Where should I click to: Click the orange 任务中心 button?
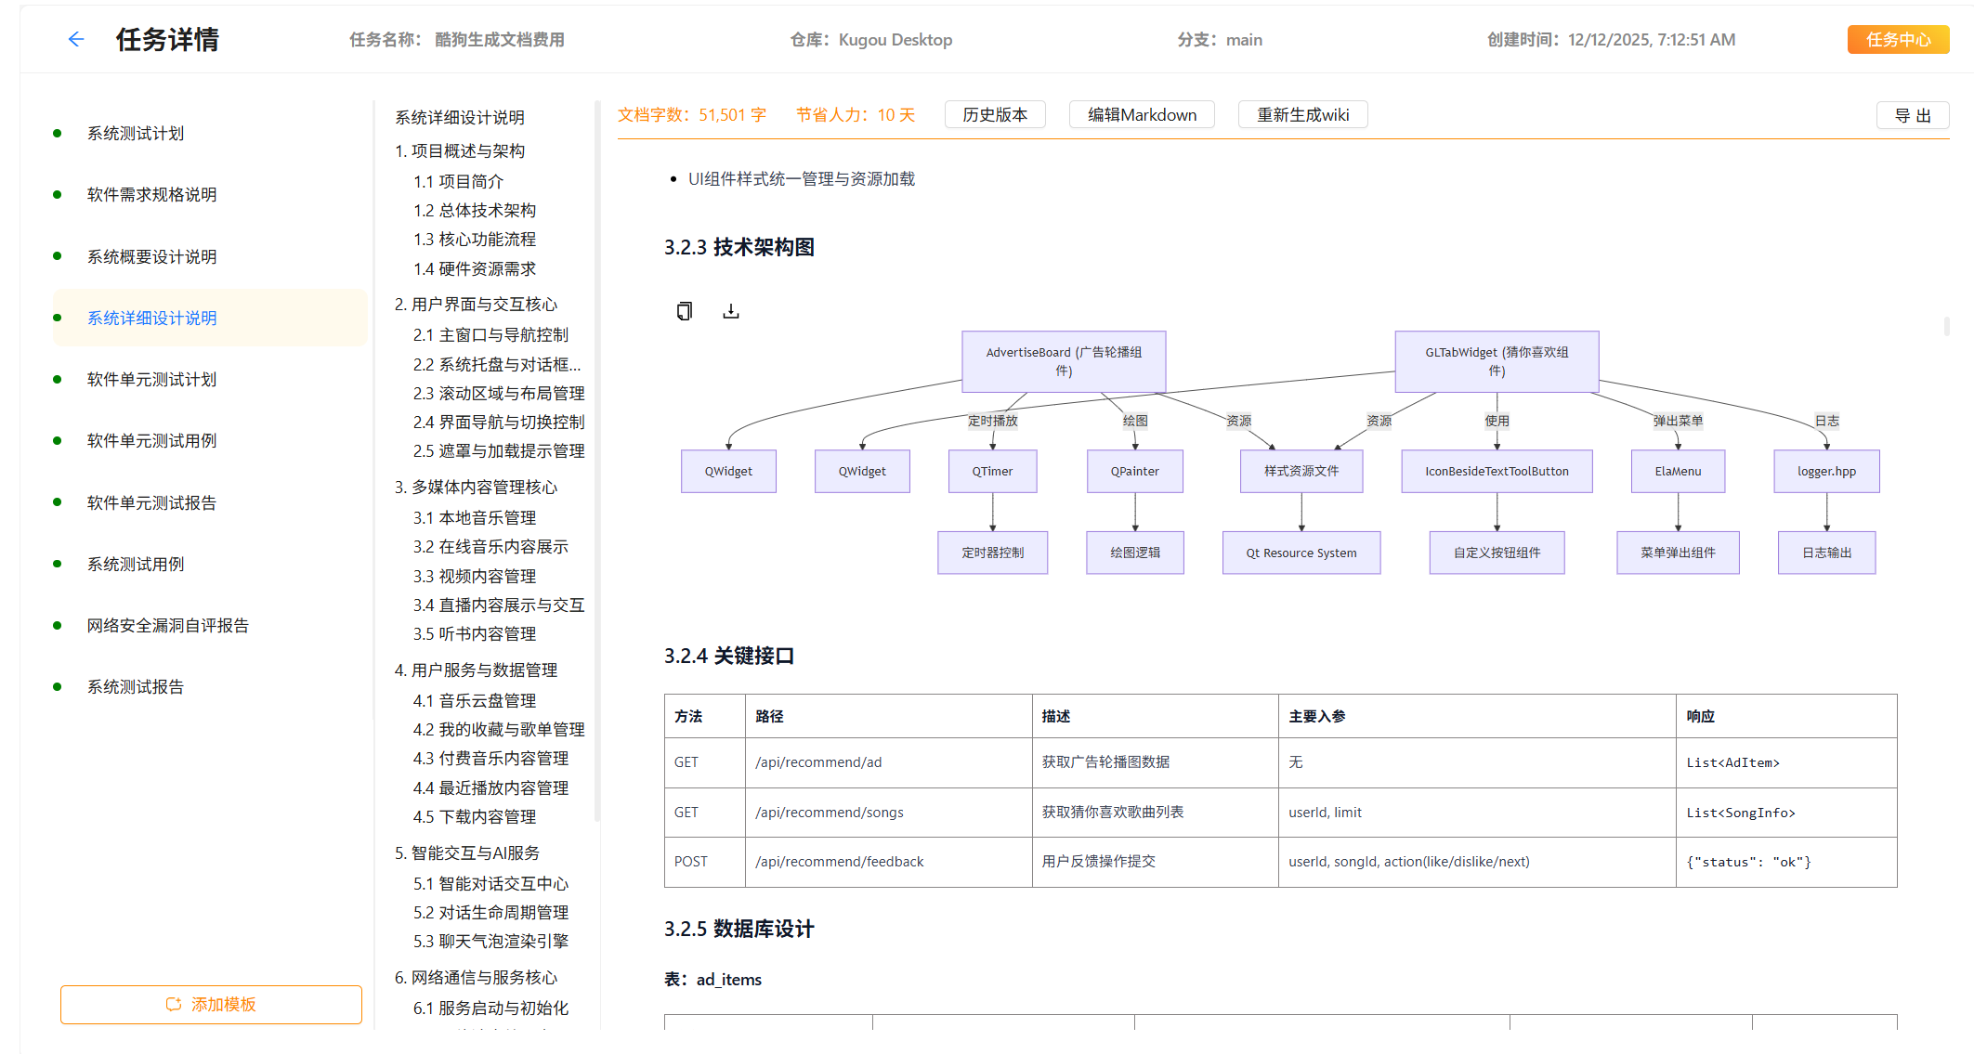point(1897,40)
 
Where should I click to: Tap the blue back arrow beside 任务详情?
point(76,39)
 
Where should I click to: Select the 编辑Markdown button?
point(1142,115)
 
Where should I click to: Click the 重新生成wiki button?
point(1302,115)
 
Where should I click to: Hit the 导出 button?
point(1912,116)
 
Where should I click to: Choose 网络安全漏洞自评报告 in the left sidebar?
point(168,626)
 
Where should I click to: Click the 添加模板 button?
point(211,1005)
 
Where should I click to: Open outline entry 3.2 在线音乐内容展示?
point(490,547)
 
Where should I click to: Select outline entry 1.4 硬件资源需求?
point(475,269)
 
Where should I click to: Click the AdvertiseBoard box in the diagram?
point(1064,361)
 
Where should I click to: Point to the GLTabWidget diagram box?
point(1497,361)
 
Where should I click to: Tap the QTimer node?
point(992,472)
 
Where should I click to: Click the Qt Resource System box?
point(1301,553)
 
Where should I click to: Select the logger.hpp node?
point(1826,472)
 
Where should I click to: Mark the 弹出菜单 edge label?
point(1678,422)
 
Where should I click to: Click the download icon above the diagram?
point(731,311)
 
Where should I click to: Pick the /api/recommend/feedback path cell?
point(840,862)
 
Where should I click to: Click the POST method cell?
point(691,862)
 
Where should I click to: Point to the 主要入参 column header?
point(1317,717)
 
